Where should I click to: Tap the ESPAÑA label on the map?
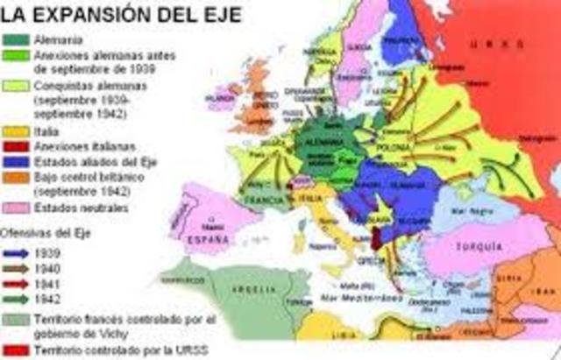click(x=210, y=236)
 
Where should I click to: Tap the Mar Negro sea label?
click(x=465, y=210)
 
